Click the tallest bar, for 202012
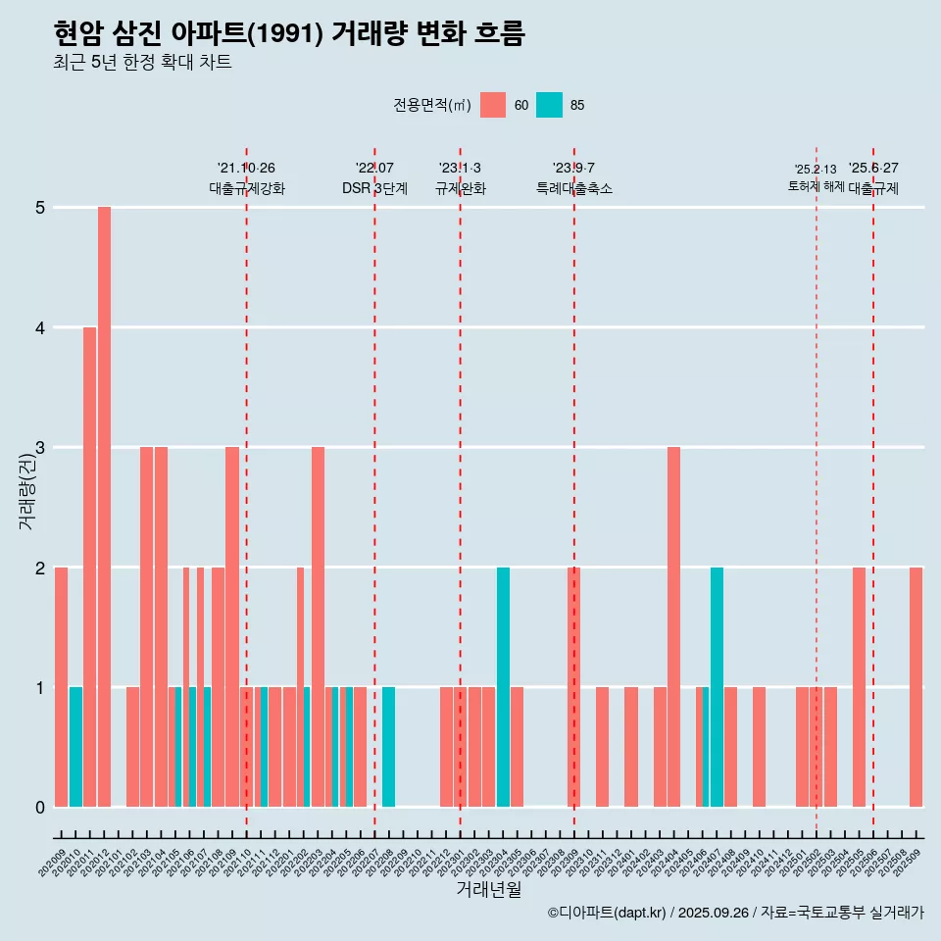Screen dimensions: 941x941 point(104,507)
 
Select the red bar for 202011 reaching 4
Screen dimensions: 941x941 point(89,567)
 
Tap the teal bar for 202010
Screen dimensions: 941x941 point(75,747)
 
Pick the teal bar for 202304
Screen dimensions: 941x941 point(503,687)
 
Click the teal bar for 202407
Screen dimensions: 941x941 point(717,687)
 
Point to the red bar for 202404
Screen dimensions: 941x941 point(673,627)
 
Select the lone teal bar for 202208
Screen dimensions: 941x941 point(389,747)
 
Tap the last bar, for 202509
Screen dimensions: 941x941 point(916,687)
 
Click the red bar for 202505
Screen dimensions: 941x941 point(859,687)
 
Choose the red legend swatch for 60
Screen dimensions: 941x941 point(493,105)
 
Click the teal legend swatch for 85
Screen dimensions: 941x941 point(549,105)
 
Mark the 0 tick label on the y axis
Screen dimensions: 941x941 point(41,808)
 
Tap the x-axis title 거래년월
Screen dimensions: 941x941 point(488,889)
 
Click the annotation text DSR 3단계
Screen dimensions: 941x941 point(374,189)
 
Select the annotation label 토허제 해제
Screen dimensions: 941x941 point(816,186)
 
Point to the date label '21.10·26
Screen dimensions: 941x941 point(246,169)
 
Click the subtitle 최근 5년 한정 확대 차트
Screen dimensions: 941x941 point(143,63)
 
